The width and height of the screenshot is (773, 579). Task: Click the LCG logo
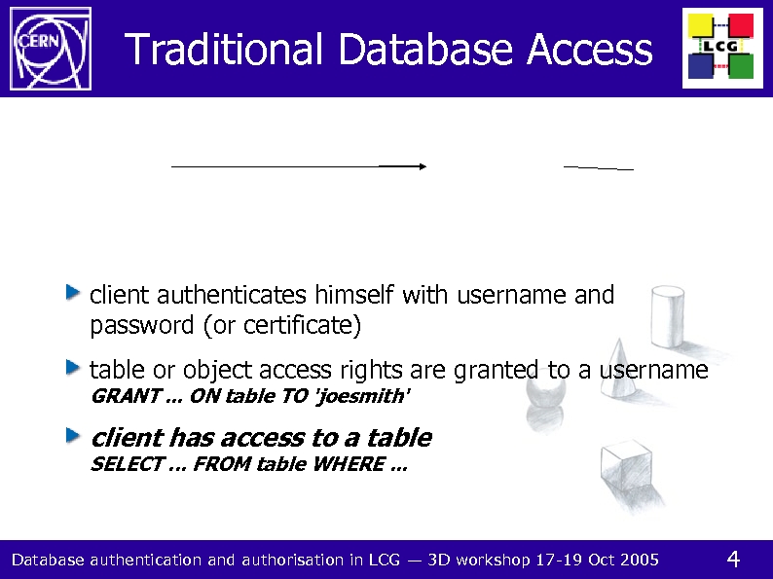point(722,48)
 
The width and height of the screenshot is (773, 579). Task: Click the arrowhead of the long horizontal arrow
point(423,166)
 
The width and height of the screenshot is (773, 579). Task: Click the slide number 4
point(734,559)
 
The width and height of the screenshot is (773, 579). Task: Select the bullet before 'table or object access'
point(74,367)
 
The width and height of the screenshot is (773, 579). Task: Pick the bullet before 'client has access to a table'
point(74,434)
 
